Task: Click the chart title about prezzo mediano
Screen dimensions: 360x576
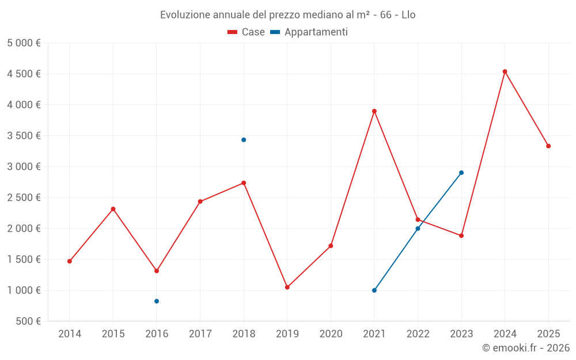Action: point(287,15)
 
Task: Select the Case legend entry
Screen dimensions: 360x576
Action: point(246,32)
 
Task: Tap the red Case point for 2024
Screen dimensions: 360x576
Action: point(505,72)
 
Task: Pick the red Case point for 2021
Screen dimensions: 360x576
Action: point(374,111)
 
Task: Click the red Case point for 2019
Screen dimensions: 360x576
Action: point(287,287)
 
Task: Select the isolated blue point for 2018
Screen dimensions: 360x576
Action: point(244,140)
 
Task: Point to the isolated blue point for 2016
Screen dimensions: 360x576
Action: point(157,301)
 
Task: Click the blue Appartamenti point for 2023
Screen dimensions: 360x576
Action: point(461,173)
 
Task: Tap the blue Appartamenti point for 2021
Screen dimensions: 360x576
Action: point(374,290)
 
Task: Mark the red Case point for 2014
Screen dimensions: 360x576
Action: point(70,262)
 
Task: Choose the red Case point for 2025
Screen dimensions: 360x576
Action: point(548,146)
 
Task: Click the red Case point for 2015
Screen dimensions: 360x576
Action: point(113,209)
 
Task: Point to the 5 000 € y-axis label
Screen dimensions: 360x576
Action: point(24,43)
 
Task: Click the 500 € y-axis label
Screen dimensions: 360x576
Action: point(27,321)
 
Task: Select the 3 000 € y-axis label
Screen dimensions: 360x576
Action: point(24,167)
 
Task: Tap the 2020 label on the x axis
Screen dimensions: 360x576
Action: point(331,334)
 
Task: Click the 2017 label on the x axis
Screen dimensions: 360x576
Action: point(200,334)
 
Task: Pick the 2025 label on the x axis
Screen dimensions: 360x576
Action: point(548,334)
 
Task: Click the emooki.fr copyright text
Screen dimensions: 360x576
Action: point(525,348)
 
